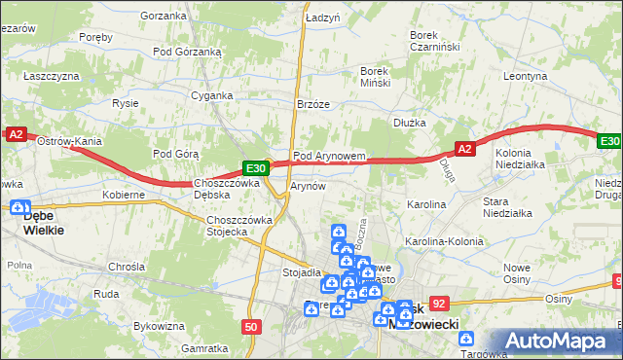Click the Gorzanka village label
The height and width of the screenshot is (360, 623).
tap(163, 17)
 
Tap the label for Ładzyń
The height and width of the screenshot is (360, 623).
tap(321, 18)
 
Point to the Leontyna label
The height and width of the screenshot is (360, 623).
tap(527, 76)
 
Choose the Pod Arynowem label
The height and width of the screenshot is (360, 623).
tap(329, 156)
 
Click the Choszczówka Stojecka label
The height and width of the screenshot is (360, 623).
tap(238, 226)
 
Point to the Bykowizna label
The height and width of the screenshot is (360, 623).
tap(160, 326)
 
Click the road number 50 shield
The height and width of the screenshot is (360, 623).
tap(251, 327)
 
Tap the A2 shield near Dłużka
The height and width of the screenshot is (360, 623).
tap(464, 148)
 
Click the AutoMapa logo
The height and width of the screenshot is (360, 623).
tap(560, 341)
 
